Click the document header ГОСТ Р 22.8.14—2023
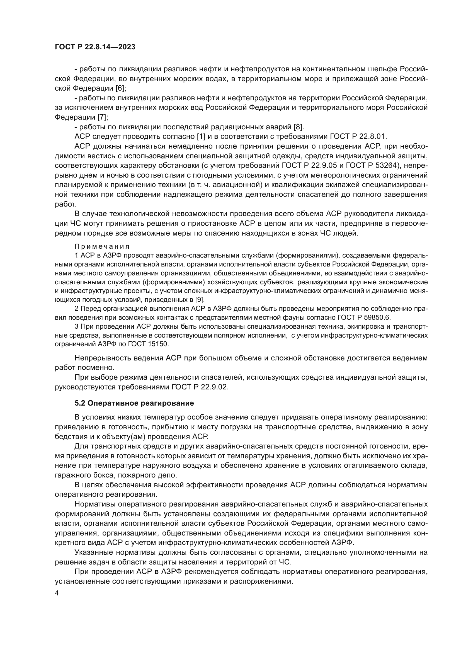(95, 47)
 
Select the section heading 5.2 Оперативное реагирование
(134, 404)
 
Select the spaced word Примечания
(102, 246)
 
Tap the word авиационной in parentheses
(235, 185)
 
